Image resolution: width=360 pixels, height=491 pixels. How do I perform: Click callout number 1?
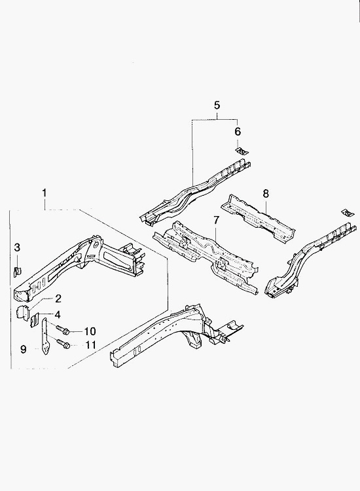[x=45, y=192]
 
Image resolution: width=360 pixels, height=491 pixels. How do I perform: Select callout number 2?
[x=58, y=299]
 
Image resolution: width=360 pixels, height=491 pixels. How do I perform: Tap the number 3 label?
[x=17, y=247]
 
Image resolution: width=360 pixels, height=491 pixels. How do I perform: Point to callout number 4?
[x=58, y=314]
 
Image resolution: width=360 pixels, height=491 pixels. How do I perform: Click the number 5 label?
[x=217, y=105]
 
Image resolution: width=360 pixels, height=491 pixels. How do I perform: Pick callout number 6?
[x=238, y=132]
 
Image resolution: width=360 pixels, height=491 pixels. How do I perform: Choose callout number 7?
[x=216, y=220]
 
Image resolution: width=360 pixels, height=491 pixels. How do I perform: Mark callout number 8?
[x=266, y=194]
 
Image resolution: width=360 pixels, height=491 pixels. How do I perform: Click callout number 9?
[x=24, y=349]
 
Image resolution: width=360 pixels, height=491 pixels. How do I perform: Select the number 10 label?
[x=90, y=331]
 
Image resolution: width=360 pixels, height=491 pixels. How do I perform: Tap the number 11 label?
[x=90, y=345]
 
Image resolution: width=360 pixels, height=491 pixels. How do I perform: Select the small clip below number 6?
[x=242, y=151]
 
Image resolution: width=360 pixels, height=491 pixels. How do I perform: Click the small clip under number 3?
[x=17, y=271]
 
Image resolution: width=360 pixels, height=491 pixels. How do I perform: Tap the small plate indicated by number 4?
[x=35, y=319]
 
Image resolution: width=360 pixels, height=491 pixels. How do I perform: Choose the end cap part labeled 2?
[x=22, y=312]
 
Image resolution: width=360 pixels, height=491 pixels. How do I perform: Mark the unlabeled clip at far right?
[x=348, y=213]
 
